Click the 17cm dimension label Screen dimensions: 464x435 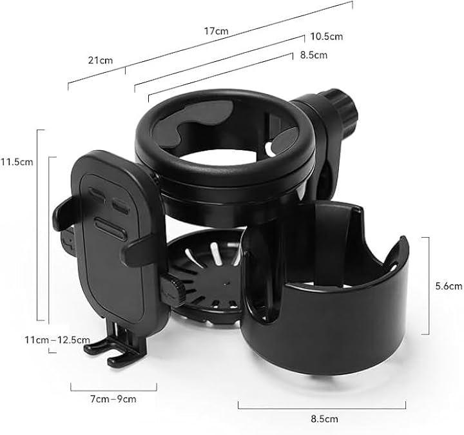tap(217, 31)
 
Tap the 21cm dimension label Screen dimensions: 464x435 tap(101, 61)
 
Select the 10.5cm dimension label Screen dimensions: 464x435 tap(326, 36)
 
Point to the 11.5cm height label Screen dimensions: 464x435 tap(17, 162)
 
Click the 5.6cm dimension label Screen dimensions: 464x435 tap(449, 286)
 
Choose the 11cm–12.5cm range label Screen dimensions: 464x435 tap(57, 340)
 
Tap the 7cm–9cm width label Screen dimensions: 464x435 tap(113, 399)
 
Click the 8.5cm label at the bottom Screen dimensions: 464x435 tap(324, 419)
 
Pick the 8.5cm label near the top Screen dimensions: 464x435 tap(314, 55)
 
